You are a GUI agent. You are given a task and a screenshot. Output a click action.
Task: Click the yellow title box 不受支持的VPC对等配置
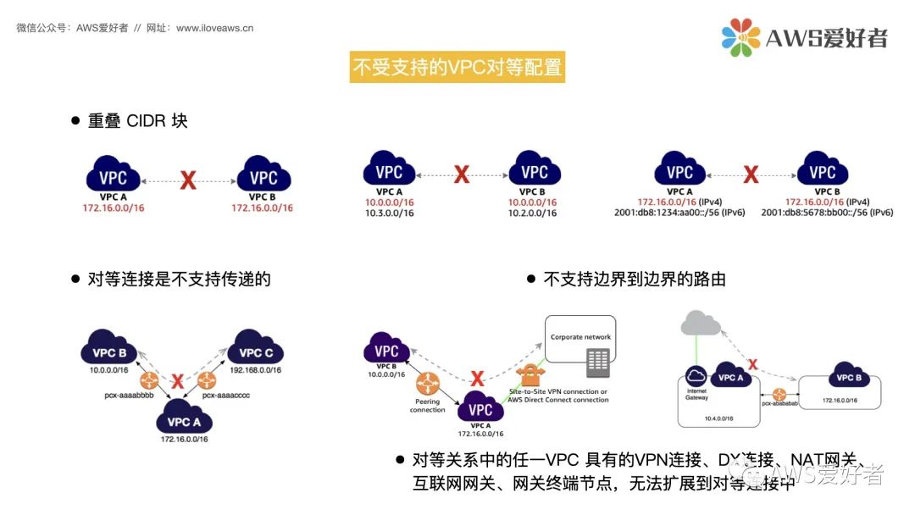click(x=457, y=68)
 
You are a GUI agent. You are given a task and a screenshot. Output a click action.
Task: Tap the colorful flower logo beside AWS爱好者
click(x=741, y=37)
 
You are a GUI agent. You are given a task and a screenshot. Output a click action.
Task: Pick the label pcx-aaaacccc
click(x=226, y=396)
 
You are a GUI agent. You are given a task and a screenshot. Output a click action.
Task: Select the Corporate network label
click(x=580, y=337)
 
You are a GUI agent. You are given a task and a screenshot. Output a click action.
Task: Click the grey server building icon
click(x=597, y=362)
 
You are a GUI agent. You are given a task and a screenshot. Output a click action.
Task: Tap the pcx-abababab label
click(x=779, y=405)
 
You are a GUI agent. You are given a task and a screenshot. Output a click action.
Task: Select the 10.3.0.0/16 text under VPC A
click(x=390, y=213)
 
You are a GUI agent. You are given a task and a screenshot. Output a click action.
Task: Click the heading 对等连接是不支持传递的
click(x=179, y=279)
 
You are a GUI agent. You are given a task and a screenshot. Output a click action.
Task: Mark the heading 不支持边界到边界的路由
click(x=635, y=279)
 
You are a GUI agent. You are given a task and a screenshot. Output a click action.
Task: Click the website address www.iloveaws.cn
click(x=214, y=28)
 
